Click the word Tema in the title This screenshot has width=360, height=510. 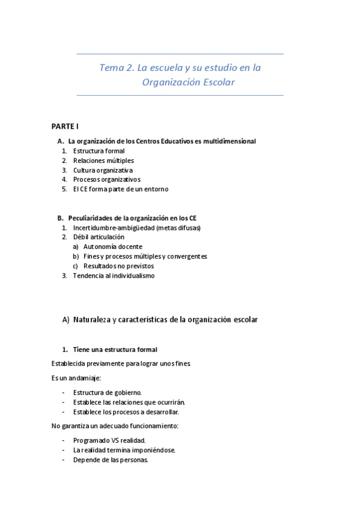(x=112, y=68)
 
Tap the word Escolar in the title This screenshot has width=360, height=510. (x=216, y=82)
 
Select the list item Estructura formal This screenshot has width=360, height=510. (x=99, y=151)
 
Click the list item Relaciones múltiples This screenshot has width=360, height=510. (x=103, y=161)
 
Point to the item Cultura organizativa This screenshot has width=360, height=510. (x=103, y=170)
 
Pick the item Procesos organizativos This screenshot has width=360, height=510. (x=106, y=179)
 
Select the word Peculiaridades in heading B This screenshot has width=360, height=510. (x=93, y=218)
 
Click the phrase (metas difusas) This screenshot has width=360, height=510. (x=178, y=228)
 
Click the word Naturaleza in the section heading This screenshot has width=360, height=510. (x=93, y=320)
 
